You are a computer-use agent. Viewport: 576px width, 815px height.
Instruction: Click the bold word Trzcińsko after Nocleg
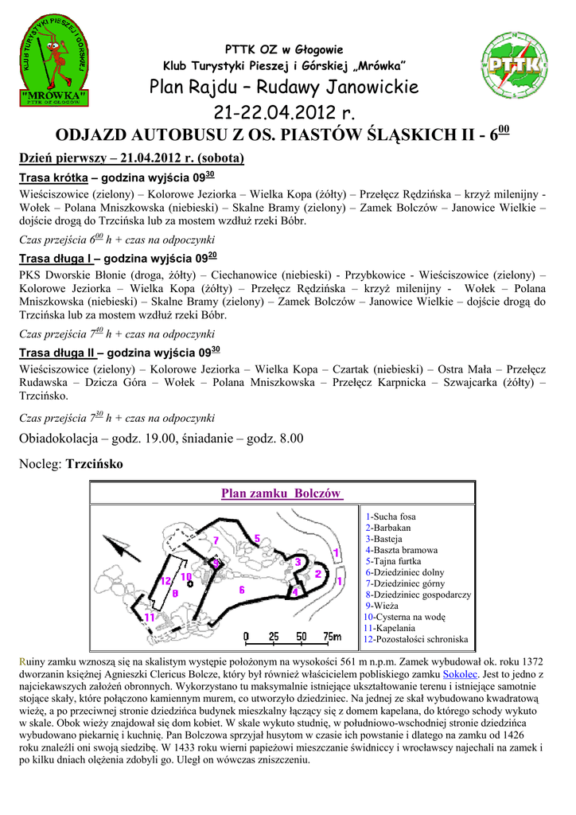coord(95,463)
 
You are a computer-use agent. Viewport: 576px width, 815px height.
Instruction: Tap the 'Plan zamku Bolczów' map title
coord(282,493)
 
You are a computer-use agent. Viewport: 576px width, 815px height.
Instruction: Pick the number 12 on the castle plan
coord(165,581)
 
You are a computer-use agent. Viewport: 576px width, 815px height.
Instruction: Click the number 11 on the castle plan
coord(149,617)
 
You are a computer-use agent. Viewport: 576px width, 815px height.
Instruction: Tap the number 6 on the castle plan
coord(241,590)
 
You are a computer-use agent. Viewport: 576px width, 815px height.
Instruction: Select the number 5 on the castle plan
coord(258,538)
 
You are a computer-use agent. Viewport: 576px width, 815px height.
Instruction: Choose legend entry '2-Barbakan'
coord(388,528)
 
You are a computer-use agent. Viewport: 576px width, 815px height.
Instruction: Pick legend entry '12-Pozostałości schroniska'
coord(415,639)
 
